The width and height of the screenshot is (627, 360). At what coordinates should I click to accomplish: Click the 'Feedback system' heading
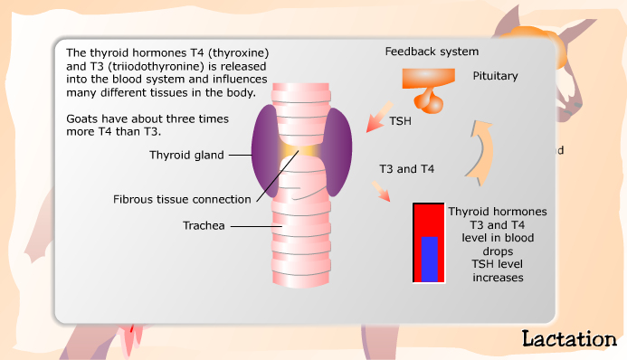tap(432, 52)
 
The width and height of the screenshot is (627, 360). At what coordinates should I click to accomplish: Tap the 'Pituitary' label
tap(495, 77)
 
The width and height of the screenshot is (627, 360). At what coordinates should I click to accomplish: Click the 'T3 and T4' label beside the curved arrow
tap(404, 168)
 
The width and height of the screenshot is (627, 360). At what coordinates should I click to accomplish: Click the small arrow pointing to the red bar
tap(382, 191)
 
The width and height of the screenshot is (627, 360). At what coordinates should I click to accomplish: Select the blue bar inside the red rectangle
tap(430, 259)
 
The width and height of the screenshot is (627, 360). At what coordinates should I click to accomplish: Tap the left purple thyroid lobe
tap(263, 150)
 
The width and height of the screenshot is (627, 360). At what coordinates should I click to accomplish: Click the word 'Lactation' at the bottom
tap(568, 339)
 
